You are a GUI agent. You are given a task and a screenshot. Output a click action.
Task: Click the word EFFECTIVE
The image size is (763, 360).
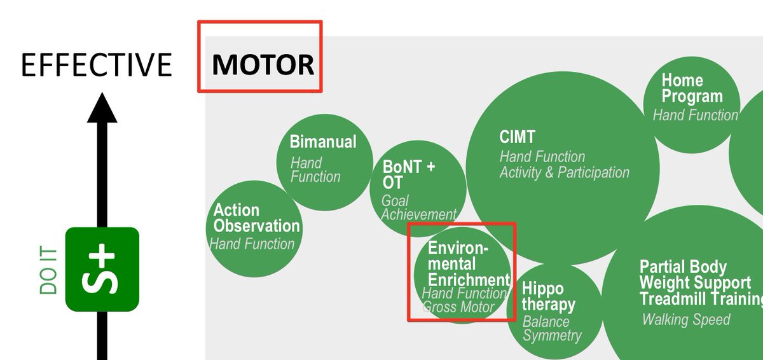pyautogui.click(x=97, y=66)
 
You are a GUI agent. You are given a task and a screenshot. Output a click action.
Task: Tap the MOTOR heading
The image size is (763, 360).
pyautogui.click(x=263, y=65)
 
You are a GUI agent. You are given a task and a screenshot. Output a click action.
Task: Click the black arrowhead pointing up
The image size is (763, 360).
pyautogui.click(x=102, y=108)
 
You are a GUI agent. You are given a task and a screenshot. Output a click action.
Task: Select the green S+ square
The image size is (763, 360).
pyautogui.click(x=102, y=269)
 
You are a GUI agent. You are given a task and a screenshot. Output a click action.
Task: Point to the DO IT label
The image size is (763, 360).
pyautogui.click(x=49, y=271)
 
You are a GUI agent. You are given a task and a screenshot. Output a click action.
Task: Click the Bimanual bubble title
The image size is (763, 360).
pyautogui.click(x=323, y=142)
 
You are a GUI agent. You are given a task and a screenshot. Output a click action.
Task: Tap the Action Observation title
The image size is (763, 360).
pyautogui.click(x=256, y=218)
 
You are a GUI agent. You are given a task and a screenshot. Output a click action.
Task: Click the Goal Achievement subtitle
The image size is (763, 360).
pyautogui.click(x=418, y=208)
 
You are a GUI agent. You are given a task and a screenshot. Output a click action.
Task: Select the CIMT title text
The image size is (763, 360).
pyautogui.click(x=518, y=137)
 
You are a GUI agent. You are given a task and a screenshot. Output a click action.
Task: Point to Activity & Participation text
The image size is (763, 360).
pyautogui.click(x=564, y=172)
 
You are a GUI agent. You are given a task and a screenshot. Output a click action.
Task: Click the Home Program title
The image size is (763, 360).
pyautogui.click(x=692, y=88)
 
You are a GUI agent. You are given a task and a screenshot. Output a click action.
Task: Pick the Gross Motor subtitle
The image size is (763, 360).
pyautogui.click(x=458, y=308)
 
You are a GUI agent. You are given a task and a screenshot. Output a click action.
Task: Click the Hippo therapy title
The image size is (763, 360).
pyautogui.click(x=548, y=297)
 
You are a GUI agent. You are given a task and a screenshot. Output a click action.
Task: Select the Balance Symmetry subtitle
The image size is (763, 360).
pyautogui.click(x=552, y=328)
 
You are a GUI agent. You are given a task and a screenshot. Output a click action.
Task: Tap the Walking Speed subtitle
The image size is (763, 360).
pyautogui.click(x=686, y=319)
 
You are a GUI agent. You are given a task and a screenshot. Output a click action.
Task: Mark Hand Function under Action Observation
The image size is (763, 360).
pyautogui.click(x=252, y=244)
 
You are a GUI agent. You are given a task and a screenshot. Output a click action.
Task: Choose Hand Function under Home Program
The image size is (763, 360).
pyautogui.click(x=695, y=115)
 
